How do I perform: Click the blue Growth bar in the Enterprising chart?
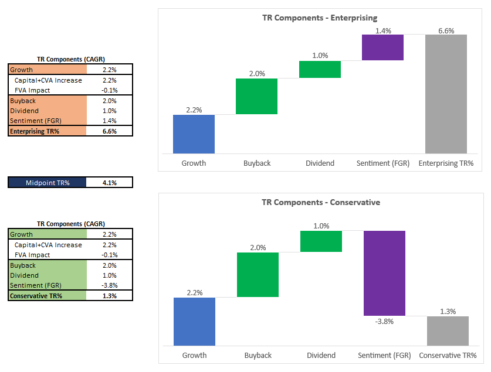[x=194, y=134]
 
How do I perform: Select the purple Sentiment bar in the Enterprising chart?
[x=382, y=47]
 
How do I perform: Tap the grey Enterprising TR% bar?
[x=446, y=94]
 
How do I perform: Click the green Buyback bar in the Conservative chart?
[x=258, y=275]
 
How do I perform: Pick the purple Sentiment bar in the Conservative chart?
[x=384, y=274]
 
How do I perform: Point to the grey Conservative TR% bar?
[x=447, y=331]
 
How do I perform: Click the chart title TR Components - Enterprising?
[x=320, y=18]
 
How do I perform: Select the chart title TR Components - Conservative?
[x=321, y=202]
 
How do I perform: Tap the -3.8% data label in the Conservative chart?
[x=384, y=322]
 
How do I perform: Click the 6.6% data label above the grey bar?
[x=446, y=30]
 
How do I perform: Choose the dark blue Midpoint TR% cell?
[x=47, y=183]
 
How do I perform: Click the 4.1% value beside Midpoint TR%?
[x=109, y=183]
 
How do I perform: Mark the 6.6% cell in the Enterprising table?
[x=109, y=131]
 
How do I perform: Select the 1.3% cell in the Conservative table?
[x=109, y=296]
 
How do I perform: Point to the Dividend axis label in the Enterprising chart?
[x=320, y=163]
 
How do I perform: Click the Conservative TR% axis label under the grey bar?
[x=447, y=355]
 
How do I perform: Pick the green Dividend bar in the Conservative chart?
[x=321, y=241]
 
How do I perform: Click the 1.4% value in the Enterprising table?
[x=109, y=121]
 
